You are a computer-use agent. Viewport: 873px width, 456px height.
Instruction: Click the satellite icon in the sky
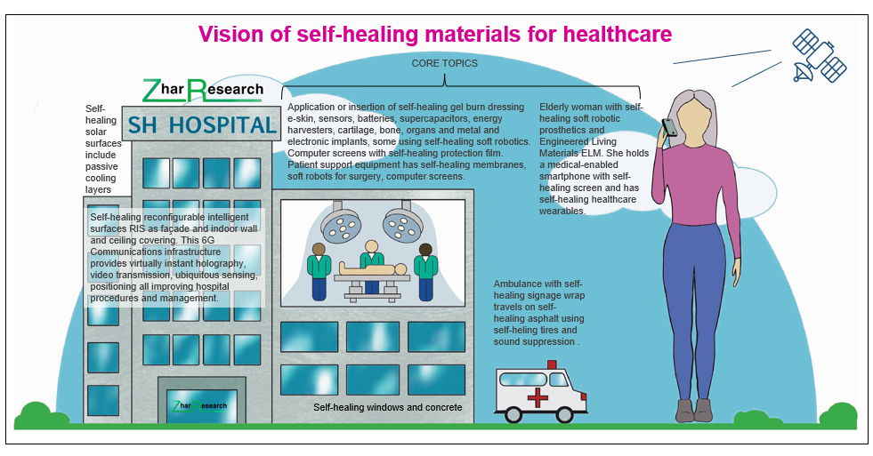click(819, 55)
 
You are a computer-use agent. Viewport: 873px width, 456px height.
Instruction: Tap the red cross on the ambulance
click(538, 396)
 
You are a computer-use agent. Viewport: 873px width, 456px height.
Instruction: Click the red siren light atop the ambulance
click(552, 364)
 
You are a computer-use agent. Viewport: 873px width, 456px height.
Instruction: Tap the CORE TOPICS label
click(444, 64)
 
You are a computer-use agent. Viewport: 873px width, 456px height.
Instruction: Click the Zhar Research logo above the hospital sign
click(204, 89)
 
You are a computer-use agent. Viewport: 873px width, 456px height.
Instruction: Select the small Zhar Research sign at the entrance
click(200, 406)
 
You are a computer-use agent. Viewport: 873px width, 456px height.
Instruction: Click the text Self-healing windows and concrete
click(387, 407)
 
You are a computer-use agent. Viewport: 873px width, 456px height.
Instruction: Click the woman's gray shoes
click(694, 410)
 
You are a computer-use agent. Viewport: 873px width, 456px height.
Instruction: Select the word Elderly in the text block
click(557, 107)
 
